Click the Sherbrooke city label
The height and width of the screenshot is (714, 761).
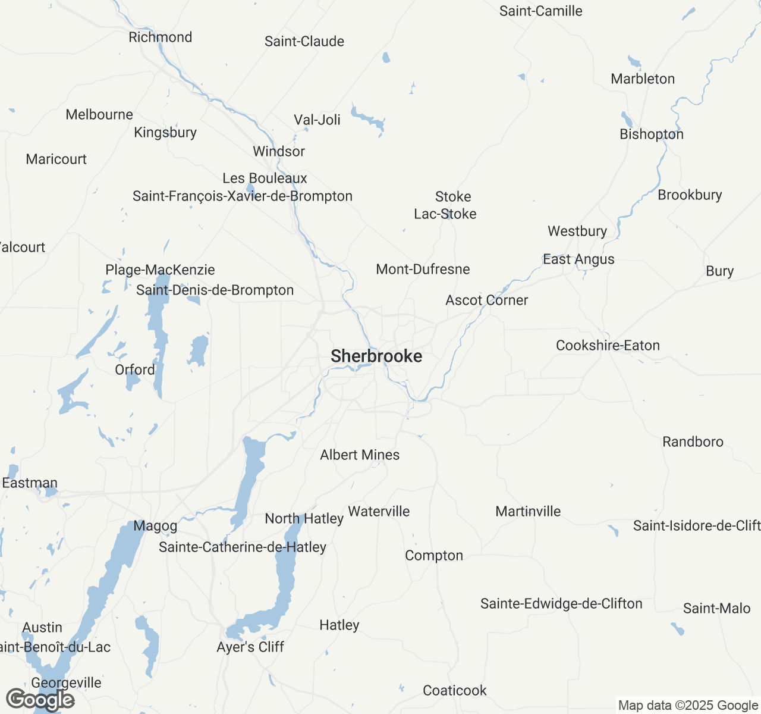376,356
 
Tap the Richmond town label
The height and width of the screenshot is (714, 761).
161,37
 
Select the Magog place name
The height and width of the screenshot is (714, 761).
155,526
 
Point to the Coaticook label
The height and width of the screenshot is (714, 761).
455,690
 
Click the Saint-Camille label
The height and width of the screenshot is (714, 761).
541,11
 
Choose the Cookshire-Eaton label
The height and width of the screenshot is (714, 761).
608,345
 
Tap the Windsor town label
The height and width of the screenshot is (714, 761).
279,151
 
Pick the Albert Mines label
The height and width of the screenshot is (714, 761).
360,455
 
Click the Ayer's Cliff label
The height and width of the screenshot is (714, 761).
250,647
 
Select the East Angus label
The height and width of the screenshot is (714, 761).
578,259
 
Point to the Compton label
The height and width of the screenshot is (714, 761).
434,555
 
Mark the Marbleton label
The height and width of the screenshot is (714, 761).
643,79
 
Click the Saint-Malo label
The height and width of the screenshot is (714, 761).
716,608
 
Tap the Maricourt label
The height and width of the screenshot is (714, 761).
56,159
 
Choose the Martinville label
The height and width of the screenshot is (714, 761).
528,511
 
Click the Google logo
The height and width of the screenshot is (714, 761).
40,700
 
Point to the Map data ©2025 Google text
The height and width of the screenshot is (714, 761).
688,706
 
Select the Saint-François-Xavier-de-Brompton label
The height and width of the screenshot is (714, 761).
243,196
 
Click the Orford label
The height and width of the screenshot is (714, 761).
135,369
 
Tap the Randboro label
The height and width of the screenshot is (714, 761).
693,441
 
